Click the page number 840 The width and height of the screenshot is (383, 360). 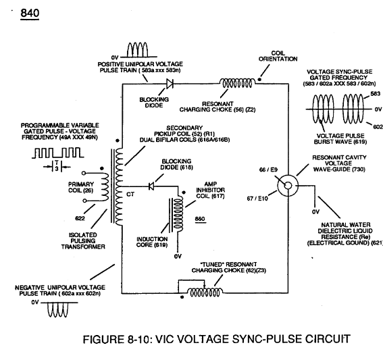(x=30, y=13)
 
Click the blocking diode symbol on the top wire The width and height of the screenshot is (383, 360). (x=170, y=84)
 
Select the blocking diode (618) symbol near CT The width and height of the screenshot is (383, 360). (x=151, y=186)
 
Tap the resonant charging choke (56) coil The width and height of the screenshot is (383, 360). (x=237, y=83)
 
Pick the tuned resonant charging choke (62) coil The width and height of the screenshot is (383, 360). (x=205, y=292)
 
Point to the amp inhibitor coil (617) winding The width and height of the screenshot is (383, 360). (x=178, y=213)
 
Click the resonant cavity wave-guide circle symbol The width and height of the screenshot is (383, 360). (x=288, y=186)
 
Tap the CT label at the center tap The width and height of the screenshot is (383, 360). (x=130, y=195)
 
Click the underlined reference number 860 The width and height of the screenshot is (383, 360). (x=200, y=219)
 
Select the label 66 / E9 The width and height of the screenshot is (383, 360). (x=268, y=170)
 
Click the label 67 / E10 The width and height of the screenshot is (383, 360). (x=257, y=199)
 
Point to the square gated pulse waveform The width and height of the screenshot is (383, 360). (x=58, y=153)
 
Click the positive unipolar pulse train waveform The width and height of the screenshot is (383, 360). (x=138, y=50)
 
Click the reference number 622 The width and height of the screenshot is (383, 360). (x=80, y=218)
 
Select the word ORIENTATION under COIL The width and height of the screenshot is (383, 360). (x=278, y=59)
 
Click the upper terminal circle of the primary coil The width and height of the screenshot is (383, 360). (x=84, y=173)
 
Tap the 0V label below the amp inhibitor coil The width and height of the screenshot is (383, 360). (x=178, y=257)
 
